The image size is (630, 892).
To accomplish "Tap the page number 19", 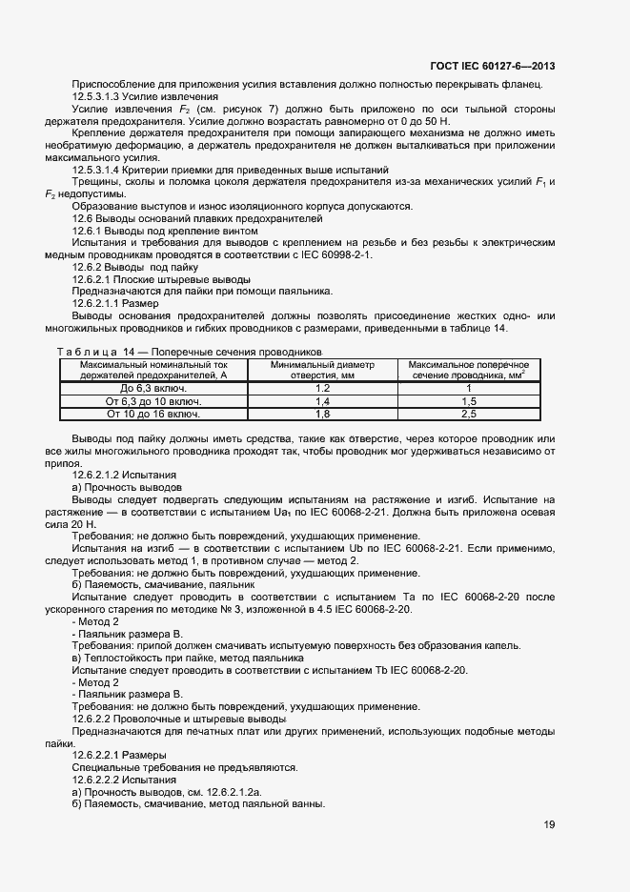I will coord(549,825).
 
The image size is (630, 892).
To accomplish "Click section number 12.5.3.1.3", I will coord(102,96).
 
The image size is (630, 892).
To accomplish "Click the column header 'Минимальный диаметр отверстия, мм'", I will coord(322,370).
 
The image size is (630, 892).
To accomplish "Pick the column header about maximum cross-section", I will coord(468,370).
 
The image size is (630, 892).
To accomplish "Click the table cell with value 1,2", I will coord(322,389).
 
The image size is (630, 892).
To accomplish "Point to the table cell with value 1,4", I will coord(322,402).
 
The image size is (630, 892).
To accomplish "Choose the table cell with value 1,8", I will coord(322,415).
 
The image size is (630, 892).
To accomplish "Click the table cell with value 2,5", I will coord(468,415).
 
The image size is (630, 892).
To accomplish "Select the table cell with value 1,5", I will coord(468,402).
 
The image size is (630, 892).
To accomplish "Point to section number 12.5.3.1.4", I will coord(102,169).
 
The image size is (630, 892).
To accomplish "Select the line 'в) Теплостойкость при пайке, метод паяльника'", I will coord(188,658).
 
